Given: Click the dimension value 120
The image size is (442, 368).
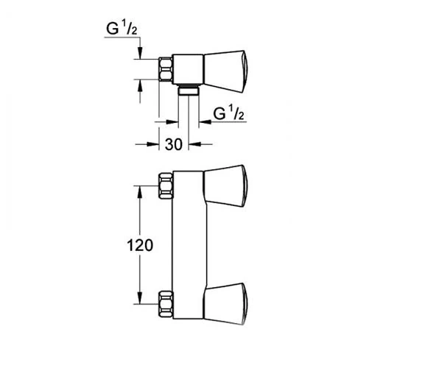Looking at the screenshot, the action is (x=140, y=245).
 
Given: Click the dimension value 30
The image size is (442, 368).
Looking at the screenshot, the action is (x=174, y=144).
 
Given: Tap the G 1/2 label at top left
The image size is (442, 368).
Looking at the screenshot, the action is (x=122, y=29).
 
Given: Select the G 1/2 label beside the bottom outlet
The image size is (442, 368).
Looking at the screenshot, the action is (x=228, y=113).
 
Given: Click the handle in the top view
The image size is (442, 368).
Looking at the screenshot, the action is (x=225, y=72).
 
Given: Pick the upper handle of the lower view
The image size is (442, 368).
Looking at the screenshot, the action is (x=225, y=186).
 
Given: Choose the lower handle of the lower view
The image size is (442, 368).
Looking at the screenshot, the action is (x=225, y=304).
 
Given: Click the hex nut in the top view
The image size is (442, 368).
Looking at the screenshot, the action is (x=166, y=69).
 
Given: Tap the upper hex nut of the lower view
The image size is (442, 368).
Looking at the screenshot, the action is (x=166, y=185).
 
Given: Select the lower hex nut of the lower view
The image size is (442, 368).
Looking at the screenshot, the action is (x=166, y=304).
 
